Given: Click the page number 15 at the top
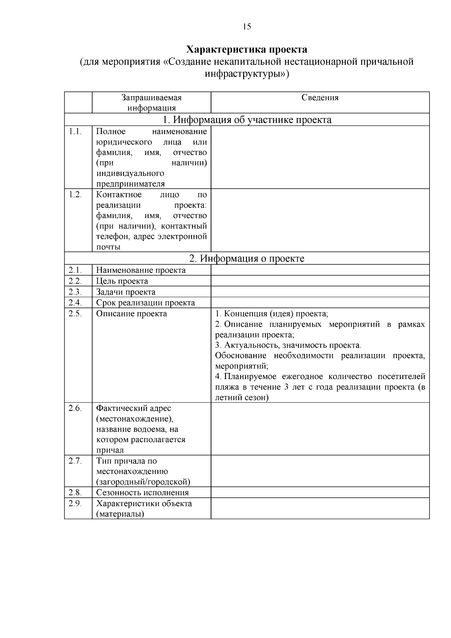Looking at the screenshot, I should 247,27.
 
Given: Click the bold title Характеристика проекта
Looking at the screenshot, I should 247,50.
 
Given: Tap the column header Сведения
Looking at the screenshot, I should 320,98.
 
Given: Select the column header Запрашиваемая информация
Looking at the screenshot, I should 151,103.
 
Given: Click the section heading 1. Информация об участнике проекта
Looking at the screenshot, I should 247,120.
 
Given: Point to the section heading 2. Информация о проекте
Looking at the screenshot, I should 247,258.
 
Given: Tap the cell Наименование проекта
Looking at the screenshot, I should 141,270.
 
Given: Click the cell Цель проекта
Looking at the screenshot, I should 122,281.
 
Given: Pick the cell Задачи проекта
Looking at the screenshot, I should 126,292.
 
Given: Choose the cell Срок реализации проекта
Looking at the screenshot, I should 145,303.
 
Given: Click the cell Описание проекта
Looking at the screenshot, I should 132,314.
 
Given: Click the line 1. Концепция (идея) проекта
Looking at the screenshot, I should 271,314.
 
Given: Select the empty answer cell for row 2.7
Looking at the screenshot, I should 320,471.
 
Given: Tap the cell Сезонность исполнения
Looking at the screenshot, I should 142,493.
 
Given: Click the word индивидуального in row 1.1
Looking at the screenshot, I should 130,173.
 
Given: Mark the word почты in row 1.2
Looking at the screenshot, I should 108,247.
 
